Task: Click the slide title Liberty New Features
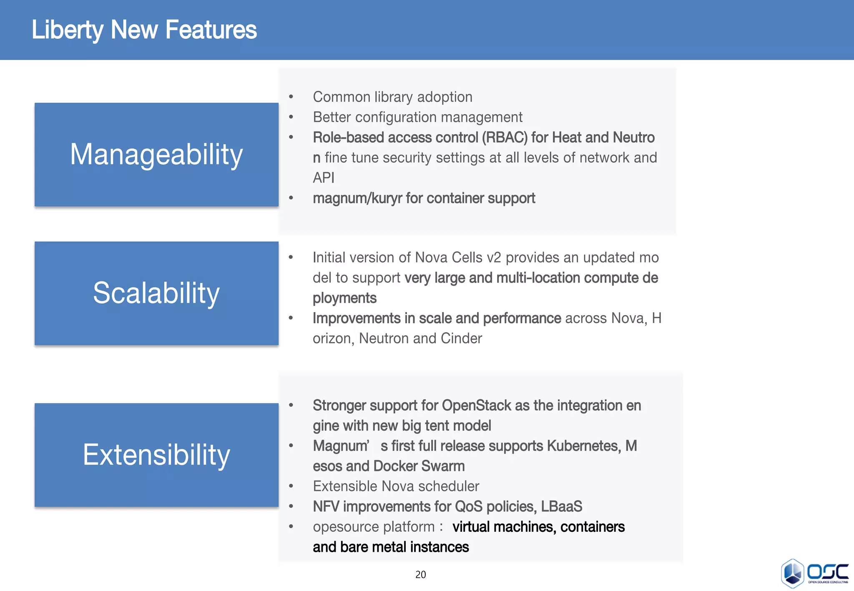144,30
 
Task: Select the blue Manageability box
156,155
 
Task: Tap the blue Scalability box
156,293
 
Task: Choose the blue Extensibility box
156,455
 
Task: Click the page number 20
420,575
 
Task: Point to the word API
324,178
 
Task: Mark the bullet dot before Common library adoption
291,97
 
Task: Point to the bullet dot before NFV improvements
291,507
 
